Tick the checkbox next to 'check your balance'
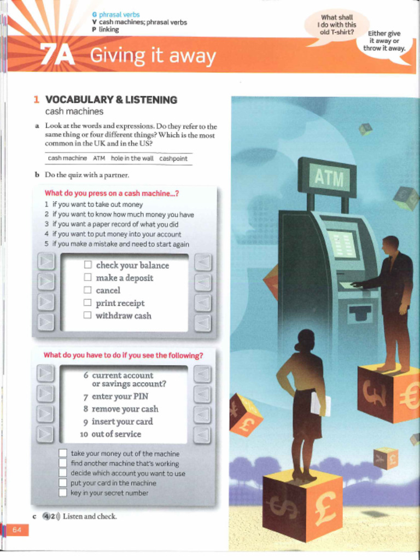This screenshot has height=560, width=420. pos(87,265)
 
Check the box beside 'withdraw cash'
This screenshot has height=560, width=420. pos(87,315)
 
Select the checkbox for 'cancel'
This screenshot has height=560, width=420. pos(87,290)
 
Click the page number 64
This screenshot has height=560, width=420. pos(16,529)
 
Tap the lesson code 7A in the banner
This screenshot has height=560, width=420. pos(57,55)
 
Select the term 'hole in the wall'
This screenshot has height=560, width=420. pos(132,158)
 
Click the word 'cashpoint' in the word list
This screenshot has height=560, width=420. pos(173,158)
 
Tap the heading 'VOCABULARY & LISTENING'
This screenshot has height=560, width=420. pos(111,100)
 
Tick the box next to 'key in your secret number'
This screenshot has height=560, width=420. pos(63,493)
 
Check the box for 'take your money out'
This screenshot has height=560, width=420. pos(63,453)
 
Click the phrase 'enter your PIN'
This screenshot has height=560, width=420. pos(120,396)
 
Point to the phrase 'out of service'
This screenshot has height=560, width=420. pos(116,434)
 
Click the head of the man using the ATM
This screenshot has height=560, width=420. pos(390,244)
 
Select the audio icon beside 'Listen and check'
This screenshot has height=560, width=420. pos(51,516)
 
